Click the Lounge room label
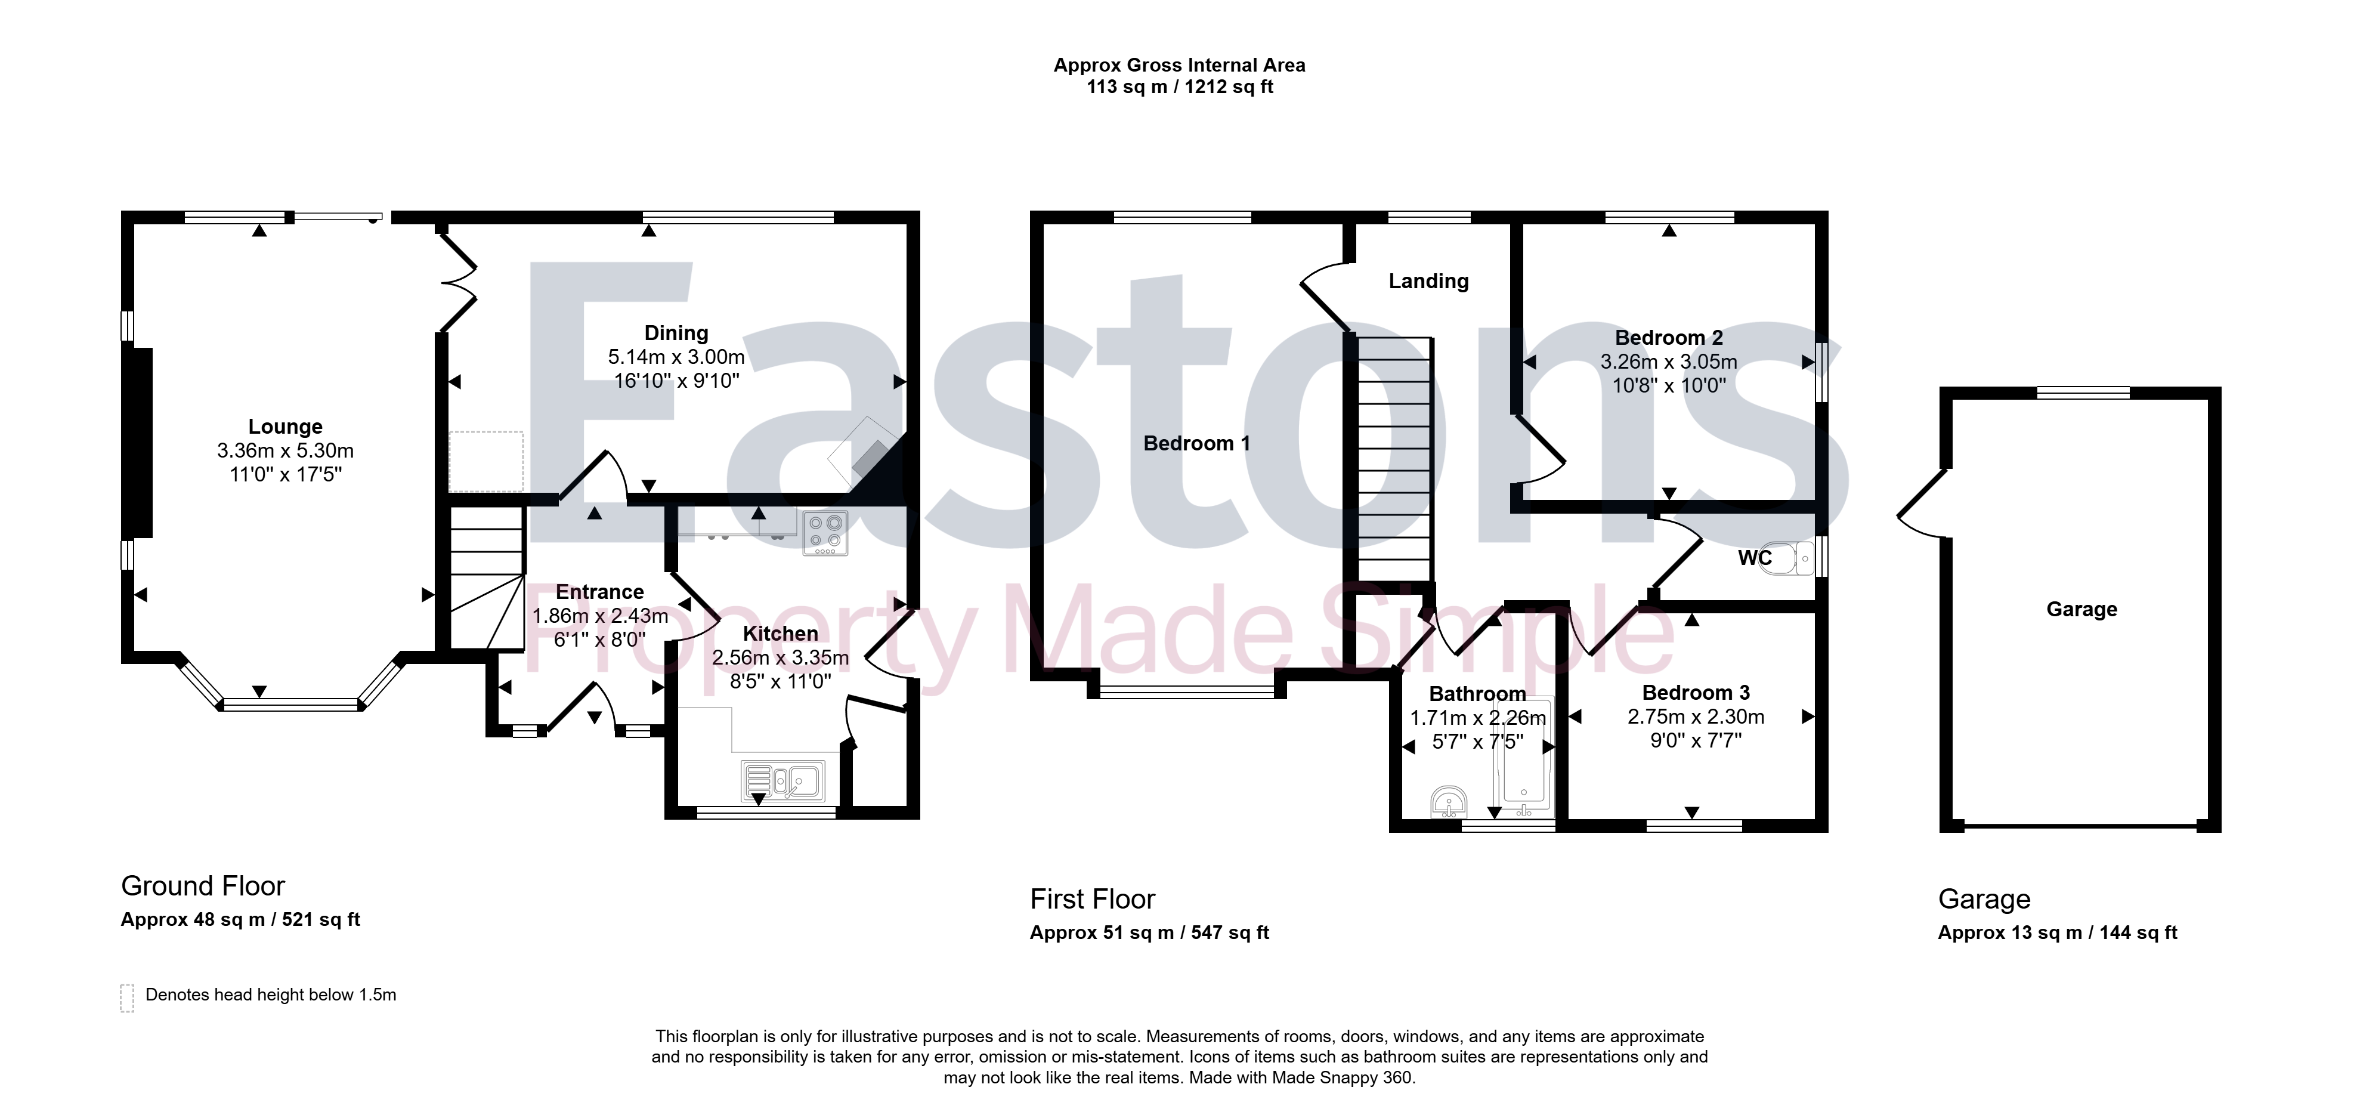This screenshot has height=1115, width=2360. click(285, 427)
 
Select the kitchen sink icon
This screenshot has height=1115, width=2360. click(783, 782)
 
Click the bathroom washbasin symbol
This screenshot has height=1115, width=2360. click(1449, 802)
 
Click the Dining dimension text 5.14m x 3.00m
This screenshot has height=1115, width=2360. click(676, 357)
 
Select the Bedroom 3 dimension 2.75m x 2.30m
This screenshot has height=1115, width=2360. click(1696, 716)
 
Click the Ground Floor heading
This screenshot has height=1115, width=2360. click(203, 886)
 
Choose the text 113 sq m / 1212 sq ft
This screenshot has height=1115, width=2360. click(1180, 87)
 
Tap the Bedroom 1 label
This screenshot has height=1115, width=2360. click(1196, 443)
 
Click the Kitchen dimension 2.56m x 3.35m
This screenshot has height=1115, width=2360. click(781, 658)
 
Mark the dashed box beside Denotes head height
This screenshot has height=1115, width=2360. click(128, 997)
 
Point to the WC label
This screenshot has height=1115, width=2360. click(1755, 558)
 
